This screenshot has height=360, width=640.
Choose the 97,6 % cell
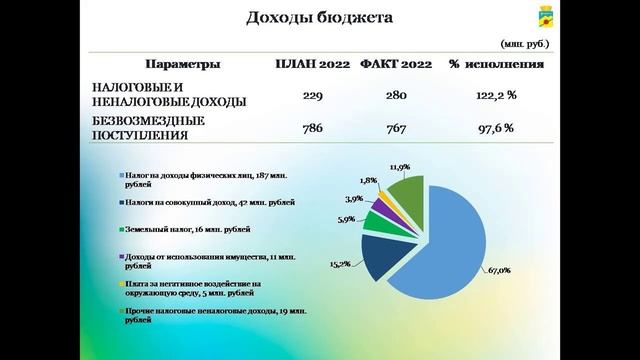pyautogui.click(x=495, y=128)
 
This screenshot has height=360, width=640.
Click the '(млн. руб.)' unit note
pyautogui.click(x=523, y=45)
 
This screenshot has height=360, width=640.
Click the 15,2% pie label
pyautogui.click(x=339, y=264)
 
